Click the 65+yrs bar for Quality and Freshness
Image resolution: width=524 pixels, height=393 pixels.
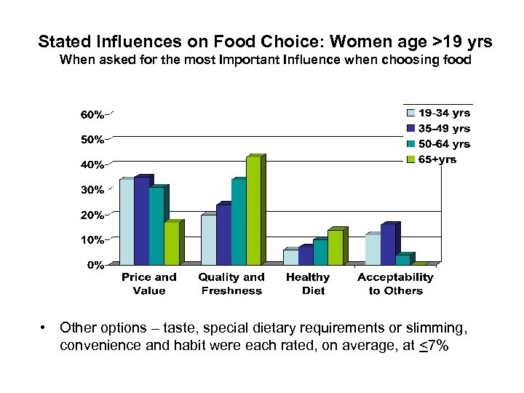(x=253, y=211)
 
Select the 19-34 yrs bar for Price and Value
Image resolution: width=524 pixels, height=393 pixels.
(x=127, y=222)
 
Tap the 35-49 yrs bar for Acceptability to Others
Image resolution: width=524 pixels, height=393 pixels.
(x=388, y=245)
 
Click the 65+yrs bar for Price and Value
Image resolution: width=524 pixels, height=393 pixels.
(x=171, y=243)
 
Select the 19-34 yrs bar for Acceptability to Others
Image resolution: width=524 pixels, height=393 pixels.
(x=373, y=250)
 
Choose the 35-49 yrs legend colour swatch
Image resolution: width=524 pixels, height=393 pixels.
(x=411, y=129)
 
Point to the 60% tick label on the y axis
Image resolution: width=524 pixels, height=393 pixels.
(x=92, y=115)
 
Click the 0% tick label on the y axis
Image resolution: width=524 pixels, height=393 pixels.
(x=95, y=266)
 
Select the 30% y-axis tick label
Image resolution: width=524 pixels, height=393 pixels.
(x=92, y=190)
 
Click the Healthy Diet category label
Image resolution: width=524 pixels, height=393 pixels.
(x=308, y=284)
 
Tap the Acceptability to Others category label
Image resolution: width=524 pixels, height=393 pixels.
(x=395, y=284)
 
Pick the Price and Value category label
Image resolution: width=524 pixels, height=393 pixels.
(x=149, y=284)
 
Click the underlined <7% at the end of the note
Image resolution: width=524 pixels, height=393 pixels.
(x=434, y=346)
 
